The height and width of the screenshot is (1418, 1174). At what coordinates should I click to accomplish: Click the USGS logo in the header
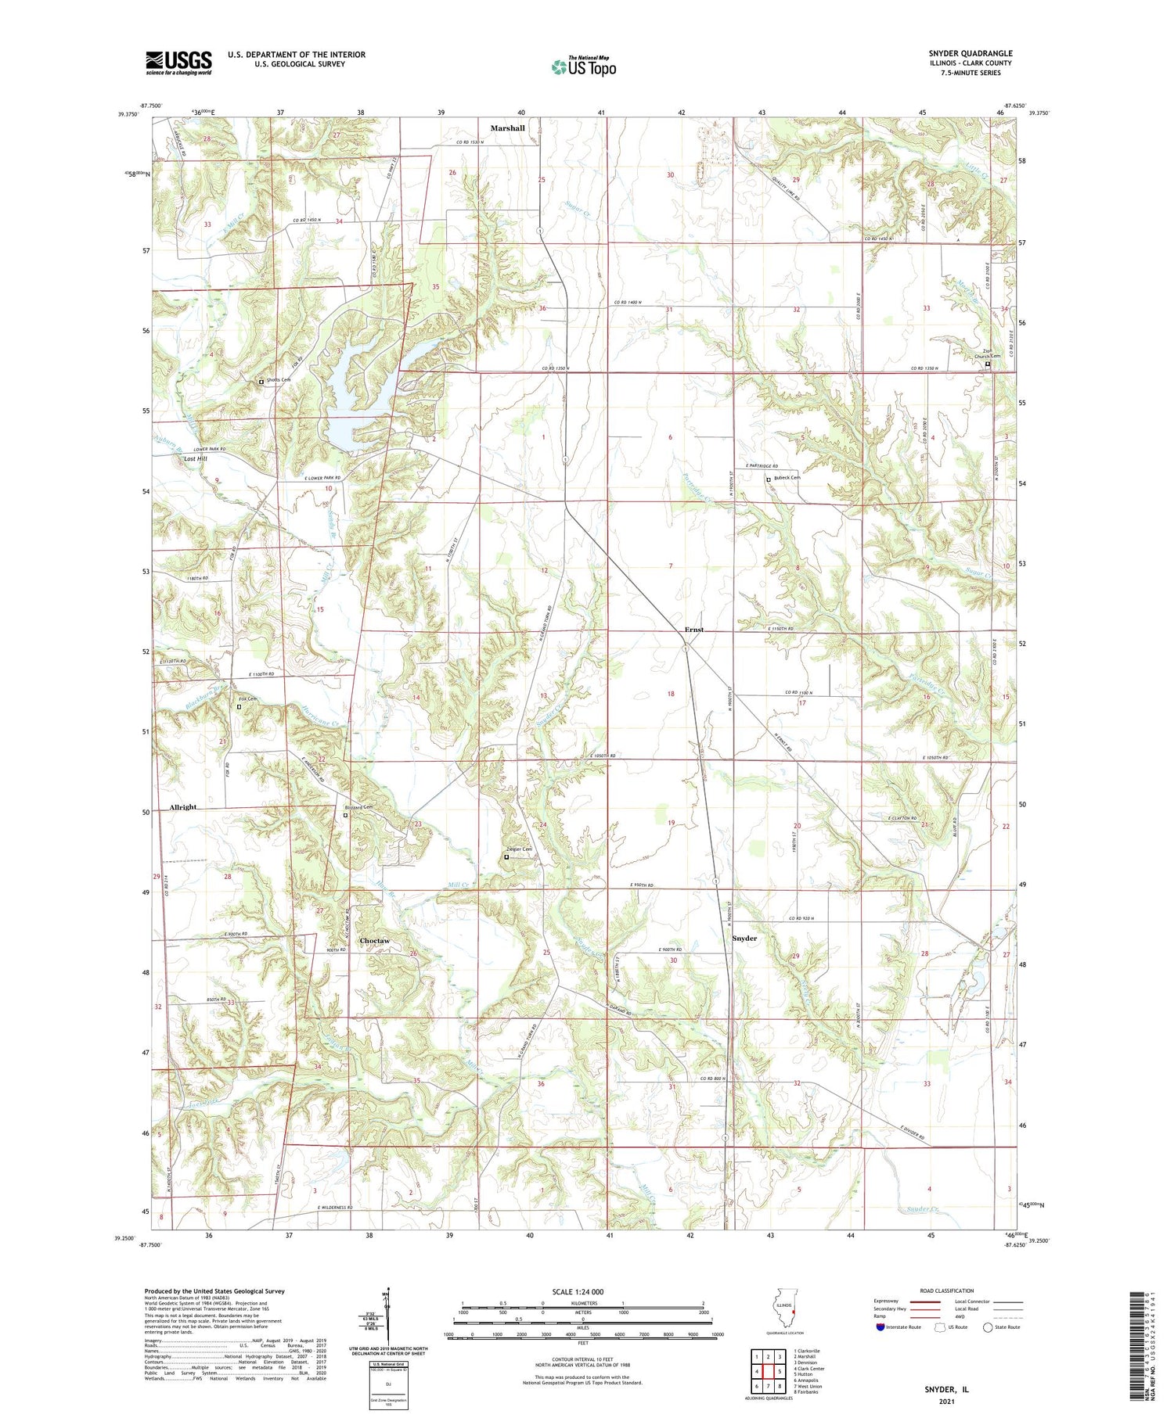178,63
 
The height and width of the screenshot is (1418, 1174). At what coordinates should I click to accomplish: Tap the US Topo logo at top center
583,67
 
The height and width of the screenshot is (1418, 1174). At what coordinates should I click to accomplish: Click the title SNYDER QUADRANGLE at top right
970,53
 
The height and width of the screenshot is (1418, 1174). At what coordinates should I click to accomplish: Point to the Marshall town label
507,127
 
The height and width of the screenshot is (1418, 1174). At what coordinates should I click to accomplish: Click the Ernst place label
693,630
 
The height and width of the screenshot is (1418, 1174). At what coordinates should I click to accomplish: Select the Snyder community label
744,938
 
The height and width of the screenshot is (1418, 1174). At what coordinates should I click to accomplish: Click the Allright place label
183,806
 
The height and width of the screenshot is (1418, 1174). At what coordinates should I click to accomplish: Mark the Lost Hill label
195,459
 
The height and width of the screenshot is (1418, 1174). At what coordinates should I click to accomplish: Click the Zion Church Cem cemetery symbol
987,364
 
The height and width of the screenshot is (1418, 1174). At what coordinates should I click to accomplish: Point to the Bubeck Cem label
786,478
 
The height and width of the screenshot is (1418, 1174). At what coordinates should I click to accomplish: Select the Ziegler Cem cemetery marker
506,857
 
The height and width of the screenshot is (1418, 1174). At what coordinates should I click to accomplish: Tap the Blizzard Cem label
358,807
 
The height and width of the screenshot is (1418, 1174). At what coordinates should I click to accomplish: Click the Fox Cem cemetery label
247,698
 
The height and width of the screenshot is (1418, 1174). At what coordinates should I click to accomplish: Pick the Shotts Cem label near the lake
278,380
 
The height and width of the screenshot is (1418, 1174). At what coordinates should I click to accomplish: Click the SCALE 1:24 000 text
582,1291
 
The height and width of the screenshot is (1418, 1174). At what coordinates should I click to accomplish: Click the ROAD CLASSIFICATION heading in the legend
947,1291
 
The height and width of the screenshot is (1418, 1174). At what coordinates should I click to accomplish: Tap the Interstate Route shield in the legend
880,1326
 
